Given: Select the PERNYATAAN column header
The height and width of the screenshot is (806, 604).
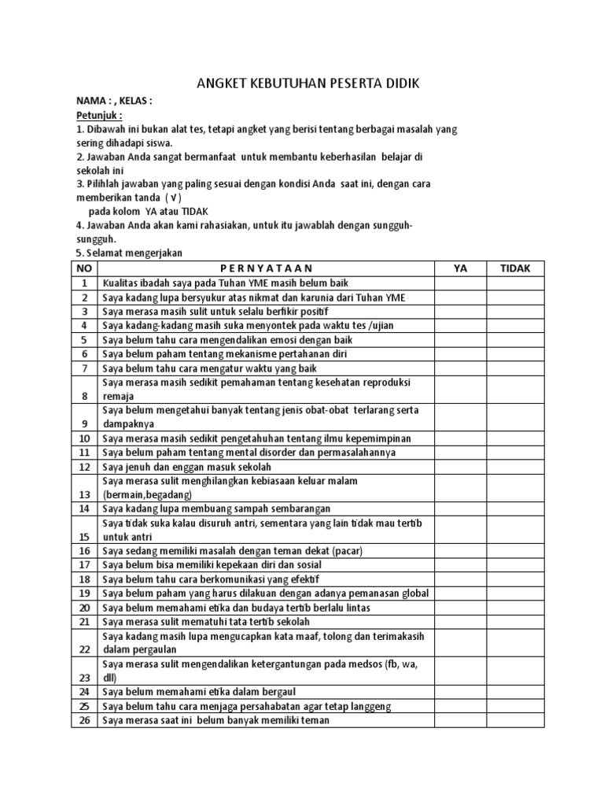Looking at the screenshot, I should click(266, 268).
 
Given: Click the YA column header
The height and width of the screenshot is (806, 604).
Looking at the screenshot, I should click(461, 268).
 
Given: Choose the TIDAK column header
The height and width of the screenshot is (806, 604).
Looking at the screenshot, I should click(516, 268).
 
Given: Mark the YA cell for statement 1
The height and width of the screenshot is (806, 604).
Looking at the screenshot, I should click(461, 283).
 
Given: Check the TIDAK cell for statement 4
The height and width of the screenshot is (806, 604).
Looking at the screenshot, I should click(516, 326).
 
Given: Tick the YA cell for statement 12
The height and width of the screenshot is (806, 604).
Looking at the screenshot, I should click(461, 466).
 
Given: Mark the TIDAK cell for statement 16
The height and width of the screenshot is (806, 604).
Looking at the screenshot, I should click(516, 550).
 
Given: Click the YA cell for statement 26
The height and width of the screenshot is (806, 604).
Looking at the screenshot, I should click(461, 720).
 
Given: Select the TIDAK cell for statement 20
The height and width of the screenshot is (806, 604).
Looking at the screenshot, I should click(516, 608).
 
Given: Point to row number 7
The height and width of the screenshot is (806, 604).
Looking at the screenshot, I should click(84, 368).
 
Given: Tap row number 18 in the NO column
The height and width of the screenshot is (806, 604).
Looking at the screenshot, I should click(84, 579).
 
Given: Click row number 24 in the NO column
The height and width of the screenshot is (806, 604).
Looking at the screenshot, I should click(84, 692).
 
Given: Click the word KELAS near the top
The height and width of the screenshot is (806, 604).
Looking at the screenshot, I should click(133, 102).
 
